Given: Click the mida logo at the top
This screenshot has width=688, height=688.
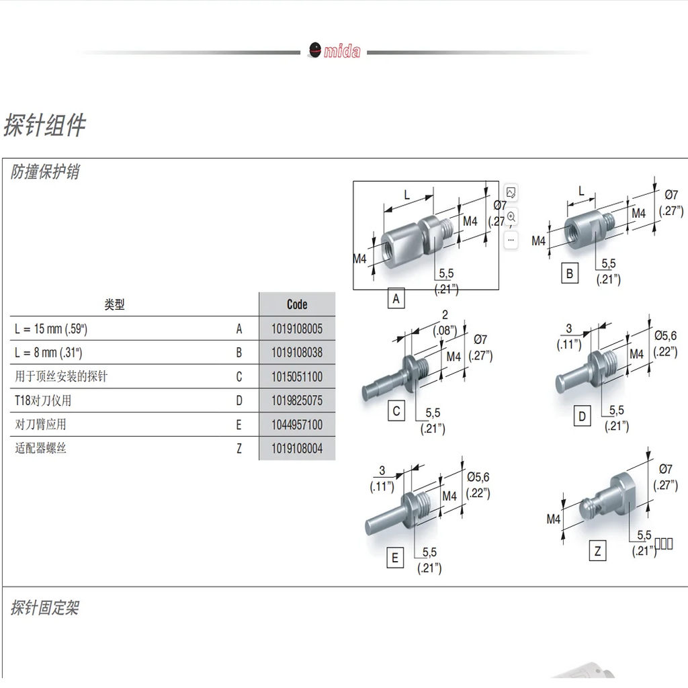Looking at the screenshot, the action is click(x=335, y=50).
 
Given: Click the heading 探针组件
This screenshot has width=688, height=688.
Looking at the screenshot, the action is click(x=44, y=125).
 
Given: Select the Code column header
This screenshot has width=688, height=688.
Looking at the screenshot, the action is click(x=297, y=304).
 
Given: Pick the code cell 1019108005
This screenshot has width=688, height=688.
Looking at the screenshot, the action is click(x=297, y=329).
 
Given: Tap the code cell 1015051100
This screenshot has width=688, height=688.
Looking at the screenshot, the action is click(x=297, y=376).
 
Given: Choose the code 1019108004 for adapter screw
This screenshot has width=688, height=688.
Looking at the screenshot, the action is click(x=297, y=448).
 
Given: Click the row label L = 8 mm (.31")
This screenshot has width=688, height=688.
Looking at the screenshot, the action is click(x=48, y=352).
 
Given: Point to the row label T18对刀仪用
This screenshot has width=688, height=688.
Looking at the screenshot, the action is click(x=43, y=400).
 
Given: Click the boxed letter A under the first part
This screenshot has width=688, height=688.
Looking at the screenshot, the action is click(x=396, y=299).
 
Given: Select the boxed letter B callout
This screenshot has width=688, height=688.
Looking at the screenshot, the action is click(x=570, y=273).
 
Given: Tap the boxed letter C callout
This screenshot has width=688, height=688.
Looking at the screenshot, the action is click(x=396, y=411).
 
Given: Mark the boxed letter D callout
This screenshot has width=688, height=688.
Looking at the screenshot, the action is click(x=583, y=416).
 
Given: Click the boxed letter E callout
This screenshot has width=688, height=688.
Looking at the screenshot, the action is click(x=395, y=558).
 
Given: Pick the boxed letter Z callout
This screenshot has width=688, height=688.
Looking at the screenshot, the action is click(x=597, y=551).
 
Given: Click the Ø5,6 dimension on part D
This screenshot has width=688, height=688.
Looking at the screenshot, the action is click(x=666, y=336).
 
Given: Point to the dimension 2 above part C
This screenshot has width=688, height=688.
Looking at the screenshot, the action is click(x=445, y=314).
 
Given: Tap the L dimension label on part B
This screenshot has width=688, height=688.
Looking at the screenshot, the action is click(x=581, y=191).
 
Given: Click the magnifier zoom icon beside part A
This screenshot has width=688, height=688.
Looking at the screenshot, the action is click(x=511, y=217).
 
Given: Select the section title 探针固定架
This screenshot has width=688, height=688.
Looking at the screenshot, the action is click(x=45, y=607).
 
